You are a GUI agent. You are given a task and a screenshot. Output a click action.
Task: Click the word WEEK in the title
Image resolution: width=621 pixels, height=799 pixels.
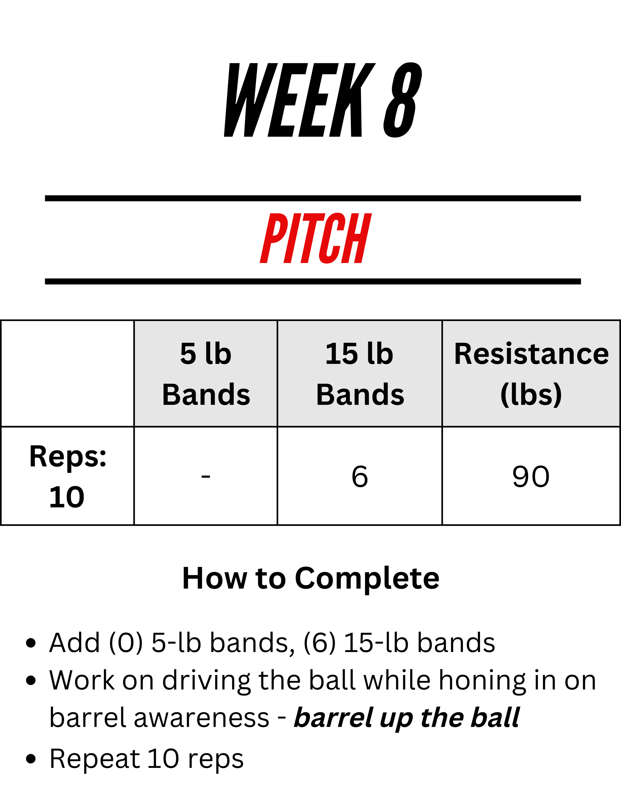click(299, 100)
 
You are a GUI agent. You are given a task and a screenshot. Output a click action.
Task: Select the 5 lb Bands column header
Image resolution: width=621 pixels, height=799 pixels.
click(206, 374)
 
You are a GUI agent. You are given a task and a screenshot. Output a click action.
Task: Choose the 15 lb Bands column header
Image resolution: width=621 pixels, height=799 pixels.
click(360, 374)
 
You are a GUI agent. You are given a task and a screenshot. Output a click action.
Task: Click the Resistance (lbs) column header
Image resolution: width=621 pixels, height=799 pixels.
click(531, 374)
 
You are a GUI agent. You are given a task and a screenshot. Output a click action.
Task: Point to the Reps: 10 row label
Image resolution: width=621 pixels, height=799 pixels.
click(67, 476)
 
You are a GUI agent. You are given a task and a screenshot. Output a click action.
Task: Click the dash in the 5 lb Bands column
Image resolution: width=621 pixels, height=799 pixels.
click(206, 476)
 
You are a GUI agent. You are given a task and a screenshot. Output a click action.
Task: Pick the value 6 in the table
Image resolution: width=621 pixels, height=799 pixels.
click(360, 476)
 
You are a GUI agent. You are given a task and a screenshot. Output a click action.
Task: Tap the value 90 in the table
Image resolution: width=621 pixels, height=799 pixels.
click(531, 476)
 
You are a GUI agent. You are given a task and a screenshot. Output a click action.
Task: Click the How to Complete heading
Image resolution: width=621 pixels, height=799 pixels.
click(311, 578)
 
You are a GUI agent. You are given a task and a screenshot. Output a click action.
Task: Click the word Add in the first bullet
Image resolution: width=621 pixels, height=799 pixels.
click(75, 642)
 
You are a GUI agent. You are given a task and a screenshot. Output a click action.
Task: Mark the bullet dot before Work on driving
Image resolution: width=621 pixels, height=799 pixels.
click(31, 680)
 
